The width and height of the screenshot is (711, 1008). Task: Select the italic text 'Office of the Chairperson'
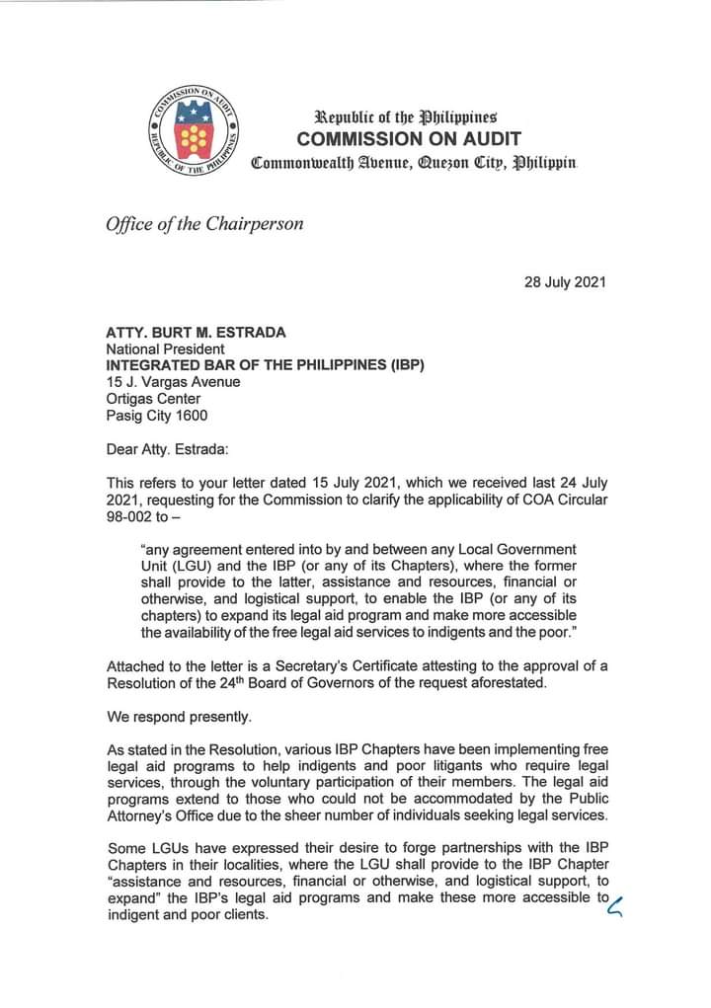click(x=204, y=223)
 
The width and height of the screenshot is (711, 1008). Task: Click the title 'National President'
click(x=165, y=349)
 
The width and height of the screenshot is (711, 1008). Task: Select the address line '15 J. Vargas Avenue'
click(x=172, y=382)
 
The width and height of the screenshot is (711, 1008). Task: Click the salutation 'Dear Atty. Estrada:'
click(x=167, y=450)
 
